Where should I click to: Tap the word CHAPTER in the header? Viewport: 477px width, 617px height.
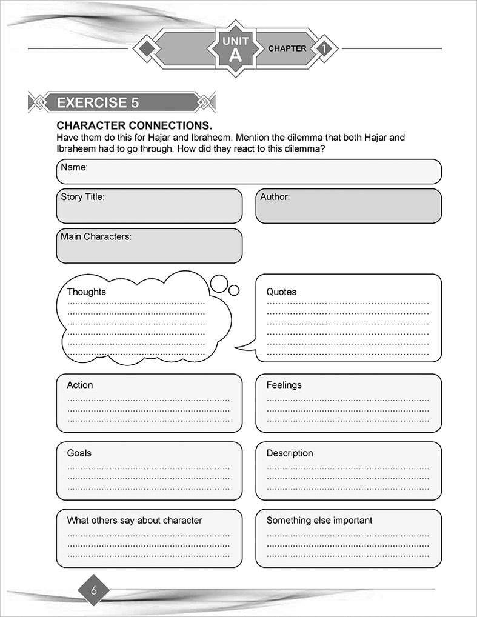287,48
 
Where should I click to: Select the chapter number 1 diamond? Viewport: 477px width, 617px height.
325,48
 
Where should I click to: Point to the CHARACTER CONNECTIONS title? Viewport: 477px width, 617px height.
134,125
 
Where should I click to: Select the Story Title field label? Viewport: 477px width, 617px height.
82,196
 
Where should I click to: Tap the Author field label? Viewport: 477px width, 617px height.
275,196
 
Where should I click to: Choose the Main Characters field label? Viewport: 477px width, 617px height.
96,236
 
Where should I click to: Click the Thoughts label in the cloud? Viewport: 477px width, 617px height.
86,292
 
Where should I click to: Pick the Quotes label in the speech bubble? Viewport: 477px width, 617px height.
281,292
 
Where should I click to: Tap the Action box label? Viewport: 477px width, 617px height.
80,385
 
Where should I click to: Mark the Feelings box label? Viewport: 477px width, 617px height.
284,385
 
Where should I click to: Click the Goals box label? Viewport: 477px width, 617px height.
79,453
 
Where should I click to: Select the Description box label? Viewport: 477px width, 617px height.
290,453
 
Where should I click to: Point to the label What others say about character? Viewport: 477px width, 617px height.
135,520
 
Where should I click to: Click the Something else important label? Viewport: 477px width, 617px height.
319,520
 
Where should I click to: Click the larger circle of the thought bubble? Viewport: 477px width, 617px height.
219,282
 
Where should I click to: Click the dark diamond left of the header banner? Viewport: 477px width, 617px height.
144,48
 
